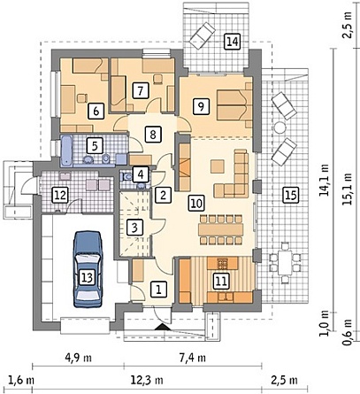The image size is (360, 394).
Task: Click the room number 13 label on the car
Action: (x=88, y=277)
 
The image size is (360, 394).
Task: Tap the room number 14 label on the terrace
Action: (x=233, y=41)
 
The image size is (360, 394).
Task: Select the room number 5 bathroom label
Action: (x=95, y=146)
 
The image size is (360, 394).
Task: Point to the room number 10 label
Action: (x=196, y=203)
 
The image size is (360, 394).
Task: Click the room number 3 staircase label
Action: (x=134, y=228)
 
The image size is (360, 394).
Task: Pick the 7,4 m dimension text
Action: (x=192, y=358)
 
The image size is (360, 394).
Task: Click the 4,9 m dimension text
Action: (x=78, y=358)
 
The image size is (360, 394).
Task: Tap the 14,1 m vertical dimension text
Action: (x=325, y=180)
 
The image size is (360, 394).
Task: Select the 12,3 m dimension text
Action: (x=147, y=380)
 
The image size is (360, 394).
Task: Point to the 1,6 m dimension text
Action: (x=20, y=380)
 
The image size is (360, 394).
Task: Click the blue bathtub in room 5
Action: (x=66, y=151)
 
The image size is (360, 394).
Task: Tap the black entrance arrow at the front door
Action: (x=161, y=327)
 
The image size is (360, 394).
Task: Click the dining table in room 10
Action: (x=221, y=229)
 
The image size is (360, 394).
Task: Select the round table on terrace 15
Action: (x=280, y=127)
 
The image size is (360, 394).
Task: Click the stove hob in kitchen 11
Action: (x=223, y=263)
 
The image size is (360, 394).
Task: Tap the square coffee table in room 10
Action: (x=218, y=166)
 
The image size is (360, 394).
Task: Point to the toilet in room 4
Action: (x=127, y=176)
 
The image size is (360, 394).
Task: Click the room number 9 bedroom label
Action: (x=201, y=106)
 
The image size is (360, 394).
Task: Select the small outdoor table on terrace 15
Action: (x=285, y=262)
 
